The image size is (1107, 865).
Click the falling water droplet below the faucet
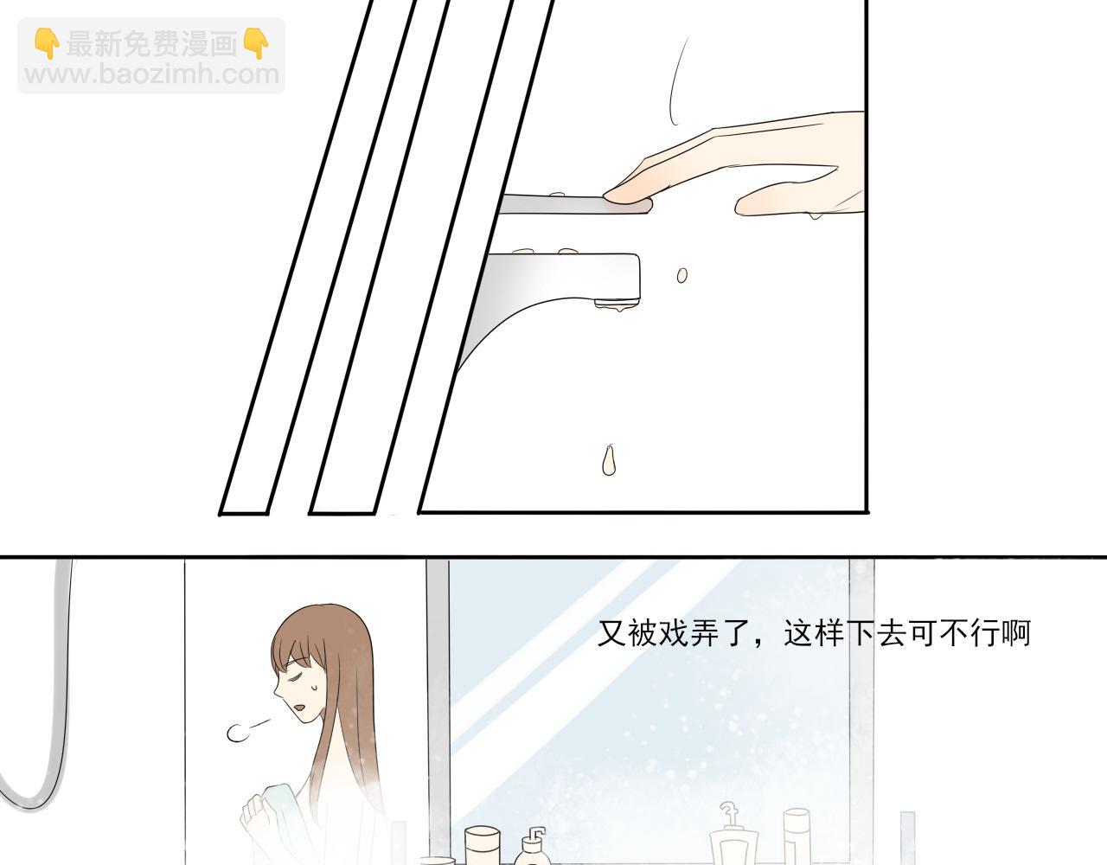609,459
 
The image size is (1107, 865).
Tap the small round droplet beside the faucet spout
681,276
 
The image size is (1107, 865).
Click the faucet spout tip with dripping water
617,304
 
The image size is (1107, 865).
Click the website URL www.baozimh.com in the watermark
152,75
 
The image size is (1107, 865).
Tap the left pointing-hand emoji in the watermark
47,43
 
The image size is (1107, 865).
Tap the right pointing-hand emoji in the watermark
256,43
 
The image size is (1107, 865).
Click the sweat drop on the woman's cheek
314,686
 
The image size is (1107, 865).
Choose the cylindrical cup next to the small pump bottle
482,845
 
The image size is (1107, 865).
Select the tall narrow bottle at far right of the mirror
797,836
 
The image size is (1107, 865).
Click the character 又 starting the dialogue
611,633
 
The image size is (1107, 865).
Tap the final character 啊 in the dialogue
1016,633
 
